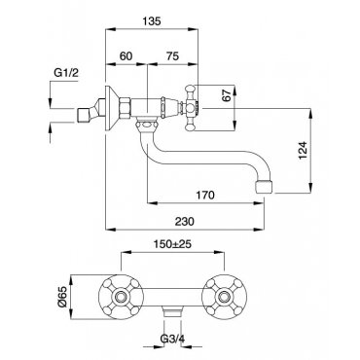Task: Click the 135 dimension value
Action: coord(152,21)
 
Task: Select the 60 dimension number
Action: coord(126,56)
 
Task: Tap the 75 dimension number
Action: coord(172,56)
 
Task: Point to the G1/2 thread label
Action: coord(66,73)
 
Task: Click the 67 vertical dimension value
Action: coord(228,95)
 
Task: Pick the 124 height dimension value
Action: coord(303,150)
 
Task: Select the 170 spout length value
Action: coord(205,196)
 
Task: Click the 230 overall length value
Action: coord(185,221)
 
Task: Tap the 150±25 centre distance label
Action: coord(172,244)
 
